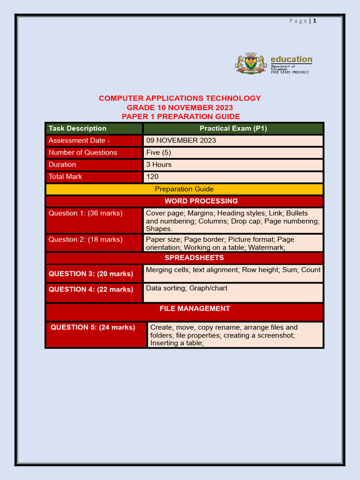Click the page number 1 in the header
(315, 21)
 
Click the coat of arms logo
(251, 63)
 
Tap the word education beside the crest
(291, 59)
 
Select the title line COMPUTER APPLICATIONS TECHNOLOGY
(180, 98)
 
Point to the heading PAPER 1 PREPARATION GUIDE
(180, 117)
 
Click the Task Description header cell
(77, 128)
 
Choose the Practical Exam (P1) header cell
(233, 128)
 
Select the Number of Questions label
(83, 152)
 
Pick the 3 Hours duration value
(159, 165)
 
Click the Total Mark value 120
(152, 177)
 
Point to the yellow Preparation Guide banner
(184, 189)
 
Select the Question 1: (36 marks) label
(85, 213)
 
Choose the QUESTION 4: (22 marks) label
(91, 290)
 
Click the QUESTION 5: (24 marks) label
(93, 328)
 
